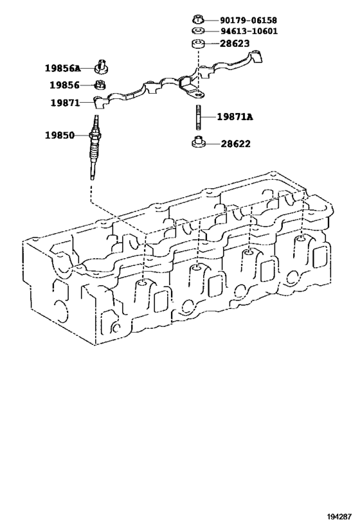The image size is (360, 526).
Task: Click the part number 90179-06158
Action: coord(249,20)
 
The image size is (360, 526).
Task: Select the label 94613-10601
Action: coord(249,31)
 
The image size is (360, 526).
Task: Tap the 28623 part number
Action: coord(235,44)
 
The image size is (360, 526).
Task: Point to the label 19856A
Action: coord(63,69)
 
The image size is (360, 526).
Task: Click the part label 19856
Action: coord(64,85)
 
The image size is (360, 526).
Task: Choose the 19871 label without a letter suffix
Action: coord(65,103)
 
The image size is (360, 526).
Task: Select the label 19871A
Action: coord(235,117)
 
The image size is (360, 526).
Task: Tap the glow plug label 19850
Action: coord(60,135)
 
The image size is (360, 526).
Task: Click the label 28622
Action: coord(235,144)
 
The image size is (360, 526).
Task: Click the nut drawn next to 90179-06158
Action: coord(199,19)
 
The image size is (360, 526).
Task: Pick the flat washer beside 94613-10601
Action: coord(198,31)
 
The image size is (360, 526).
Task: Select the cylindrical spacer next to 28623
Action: coord(198,44)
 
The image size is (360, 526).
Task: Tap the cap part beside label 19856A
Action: coord(102,66)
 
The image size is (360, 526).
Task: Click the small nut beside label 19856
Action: coord(100,85)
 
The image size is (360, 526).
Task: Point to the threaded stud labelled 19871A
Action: coord(198,117)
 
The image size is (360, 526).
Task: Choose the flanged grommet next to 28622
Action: coord(198,142)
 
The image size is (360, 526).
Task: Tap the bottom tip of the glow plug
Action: coord(92,178)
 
